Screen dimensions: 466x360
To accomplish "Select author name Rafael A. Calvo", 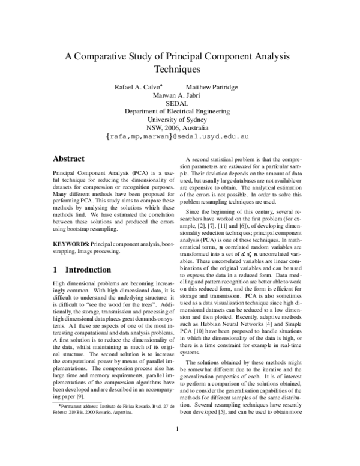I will (138, 88).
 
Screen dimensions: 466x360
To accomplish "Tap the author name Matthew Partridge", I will (220, 88).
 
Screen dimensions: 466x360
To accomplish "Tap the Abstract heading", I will (69, 159).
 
